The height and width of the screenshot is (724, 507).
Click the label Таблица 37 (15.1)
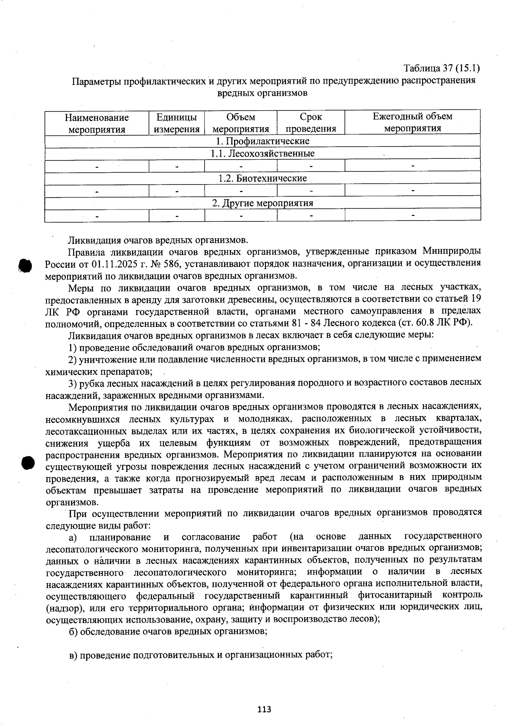(442, 68)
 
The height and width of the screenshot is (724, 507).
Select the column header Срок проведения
(311, 122)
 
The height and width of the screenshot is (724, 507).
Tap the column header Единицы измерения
(177, 122)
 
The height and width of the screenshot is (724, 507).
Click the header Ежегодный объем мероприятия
(412, 122)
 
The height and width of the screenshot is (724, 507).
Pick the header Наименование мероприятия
(97, 123)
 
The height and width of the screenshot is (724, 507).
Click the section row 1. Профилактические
(262, 141)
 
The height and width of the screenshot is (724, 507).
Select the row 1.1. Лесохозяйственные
(262, 153)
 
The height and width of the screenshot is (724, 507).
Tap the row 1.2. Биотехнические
(262, 178)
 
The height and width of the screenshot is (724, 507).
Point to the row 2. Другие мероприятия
(262, 203)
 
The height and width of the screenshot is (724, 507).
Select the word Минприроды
(451, 252)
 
